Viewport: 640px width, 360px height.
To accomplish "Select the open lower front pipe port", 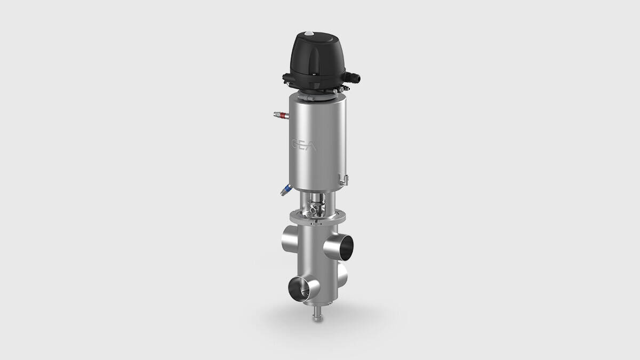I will point(296,290).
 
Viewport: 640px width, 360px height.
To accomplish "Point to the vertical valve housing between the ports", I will point(316,261).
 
